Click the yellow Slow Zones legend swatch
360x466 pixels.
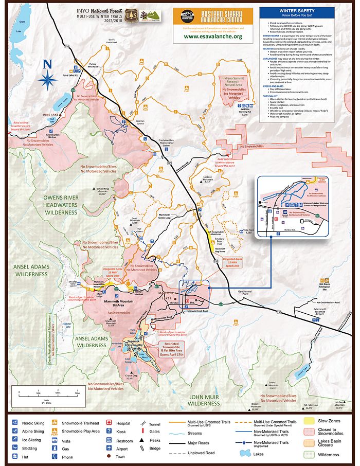311,421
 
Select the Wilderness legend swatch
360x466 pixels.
311,454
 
